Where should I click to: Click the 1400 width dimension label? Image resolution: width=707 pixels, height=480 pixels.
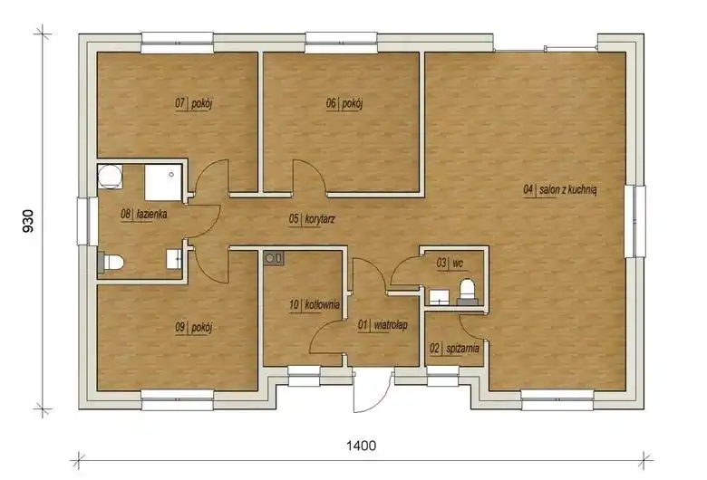pos(361,446)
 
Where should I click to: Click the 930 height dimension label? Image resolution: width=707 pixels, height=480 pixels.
pos(28,221)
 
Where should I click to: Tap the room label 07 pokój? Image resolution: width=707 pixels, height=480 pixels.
pos(193,103)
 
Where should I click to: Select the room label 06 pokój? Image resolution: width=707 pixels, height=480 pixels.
pos(344,103)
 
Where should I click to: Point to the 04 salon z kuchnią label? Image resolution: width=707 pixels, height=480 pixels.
pos(560,190)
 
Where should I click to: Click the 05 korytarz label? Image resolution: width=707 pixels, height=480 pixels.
pos(312,219)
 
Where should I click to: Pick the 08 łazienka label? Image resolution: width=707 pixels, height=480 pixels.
pos(144,214)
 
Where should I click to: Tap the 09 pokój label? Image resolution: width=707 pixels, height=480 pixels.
pos(193,327)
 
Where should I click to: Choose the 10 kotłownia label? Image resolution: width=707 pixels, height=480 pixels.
pos(315,304)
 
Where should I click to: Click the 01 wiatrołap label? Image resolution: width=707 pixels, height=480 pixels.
pos(383,325)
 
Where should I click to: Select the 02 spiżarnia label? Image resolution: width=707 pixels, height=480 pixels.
pos(454,349)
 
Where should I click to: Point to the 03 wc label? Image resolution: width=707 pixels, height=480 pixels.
pos(450,263)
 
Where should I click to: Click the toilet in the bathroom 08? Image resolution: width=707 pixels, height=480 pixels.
pos(111,263)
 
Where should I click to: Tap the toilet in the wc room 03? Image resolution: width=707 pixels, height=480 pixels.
pos(466,291)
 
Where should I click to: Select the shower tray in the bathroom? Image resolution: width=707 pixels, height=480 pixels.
pos(163,182)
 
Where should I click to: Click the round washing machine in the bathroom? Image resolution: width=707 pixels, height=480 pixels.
pos(110,177)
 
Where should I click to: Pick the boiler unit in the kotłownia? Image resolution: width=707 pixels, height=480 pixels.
pos(274,258)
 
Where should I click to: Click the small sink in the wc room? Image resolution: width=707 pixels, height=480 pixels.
pos(439,297)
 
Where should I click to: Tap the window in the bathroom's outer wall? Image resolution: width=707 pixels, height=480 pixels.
pos(84,221)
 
